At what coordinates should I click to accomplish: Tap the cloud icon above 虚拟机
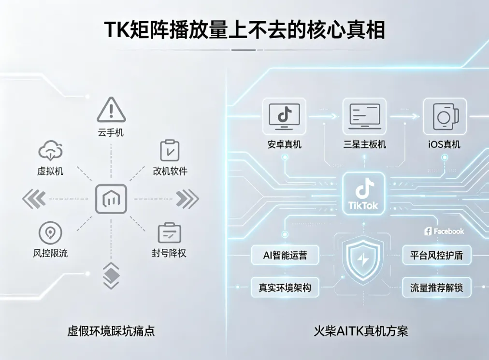pos(51,151)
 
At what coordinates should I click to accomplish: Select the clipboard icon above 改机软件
pos(170,150)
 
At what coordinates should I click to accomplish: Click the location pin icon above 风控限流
pos(50,233)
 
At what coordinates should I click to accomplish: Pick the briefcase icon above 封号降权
pos(169,233)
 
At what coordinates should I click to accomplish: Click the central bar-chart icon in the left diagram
pos(111,199)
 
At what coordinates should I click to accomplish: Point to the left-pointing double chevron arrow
pos(34,199)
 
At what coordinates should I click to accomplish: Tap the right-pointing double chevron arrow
pos(187,199)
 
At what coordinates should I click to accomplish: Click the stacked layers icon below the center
pos(111,276)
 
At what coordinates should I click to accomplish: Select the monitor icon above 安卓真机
pos(285,116)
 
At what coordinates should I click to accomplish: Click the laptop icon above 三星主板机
pos(364,116)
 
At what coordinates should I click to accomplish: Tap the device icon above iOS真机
pos(445,116)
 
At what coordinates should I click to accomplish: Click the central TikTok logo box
pos(364,193)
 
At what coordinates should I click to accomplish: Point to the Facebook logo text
pos(444,231)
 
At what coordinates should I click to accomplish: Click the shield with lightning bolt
pos(363,259)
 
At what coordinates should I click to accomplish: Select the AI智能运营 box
pos(285,255)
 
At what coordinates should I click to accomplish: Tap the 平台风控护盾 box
pos(437,255)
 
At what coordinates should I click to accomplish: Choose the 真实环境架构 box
pos(285,288)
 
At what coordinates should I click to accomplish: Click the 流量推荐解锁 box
pos(437,288)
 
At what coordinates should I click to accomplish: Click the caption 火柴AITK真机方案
pos(361,331)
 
